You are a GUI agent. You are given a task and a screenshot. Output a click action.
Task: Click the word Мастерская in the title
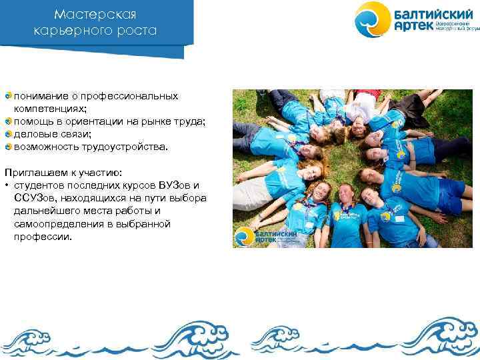pos(95,14)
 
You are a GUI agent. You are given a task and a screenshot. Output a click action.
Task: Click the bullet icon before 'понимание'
pos(8,96)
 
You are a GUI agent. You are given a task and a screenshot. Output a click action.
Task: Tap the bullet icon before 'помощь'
pos(8,121)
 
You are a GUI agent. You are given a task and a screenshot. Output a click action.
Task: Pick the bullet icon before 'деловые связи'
pos(8,133)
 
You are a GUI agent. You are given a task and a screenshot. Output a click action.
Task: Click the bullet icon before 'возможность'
pos(8,146)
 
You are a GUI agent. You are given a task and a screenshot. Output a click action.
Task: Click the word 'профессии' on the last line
pos(42,236)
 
